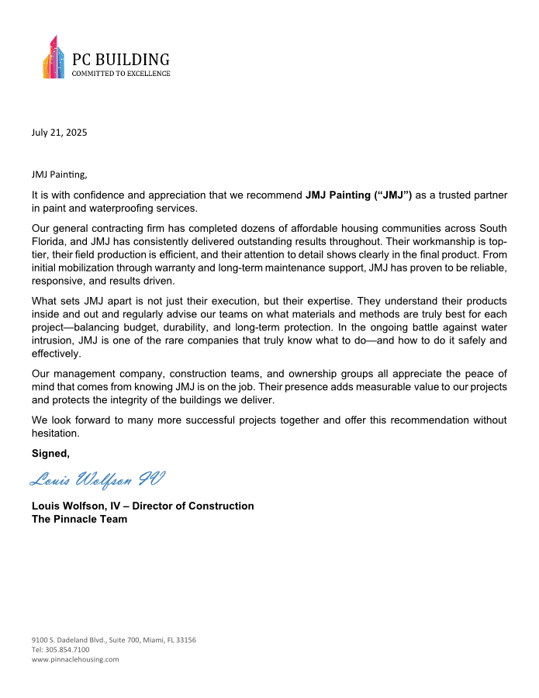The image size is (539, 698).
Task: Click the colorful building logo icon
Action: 54,58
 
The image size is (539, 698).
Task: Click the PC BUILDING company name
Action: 120,60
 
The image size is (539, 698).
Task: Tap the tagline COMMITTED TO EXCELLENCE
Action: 120,74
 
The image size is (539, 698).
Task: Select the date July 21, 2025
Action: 59,132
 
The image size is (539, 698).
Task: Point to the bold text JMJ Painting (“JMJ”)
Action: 359,195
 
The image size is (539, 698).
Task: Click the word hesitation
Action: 57,434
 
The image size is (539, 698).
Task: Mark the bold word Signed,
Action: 50,453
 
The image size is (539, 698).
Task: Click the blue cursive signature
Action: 97,479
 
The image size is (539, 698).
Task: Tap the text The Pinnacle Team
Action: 79,519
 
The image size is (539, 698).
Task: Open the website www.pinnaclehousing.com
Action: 75,659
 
